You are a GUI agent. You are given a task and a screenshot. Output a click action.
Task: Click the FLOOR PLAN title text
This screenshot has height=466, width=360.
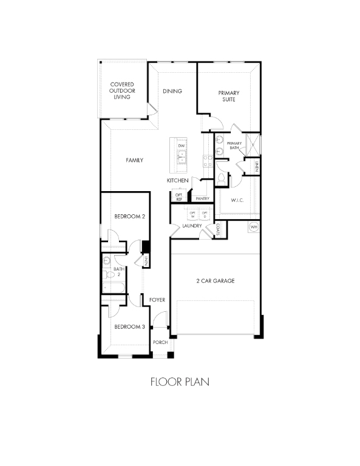(180, 382)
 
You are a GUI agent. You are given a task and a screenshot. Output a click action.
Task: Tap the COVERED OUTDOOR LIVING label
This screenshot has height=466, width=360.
(121, 90)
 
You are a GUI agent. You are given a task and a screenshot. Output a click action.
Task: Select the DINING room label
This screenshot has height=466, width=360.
(172, 91)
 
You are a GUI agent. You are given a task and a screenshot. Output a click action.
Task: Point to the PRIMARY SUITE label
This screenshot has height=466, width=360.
(229, 96)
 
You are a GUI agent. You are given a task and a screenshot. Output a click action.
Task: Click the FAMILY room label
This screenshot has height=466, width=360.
(134, 160)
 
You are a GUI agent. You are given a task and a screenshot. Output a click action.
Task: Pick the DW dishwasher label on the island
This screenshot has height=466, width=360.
(181, 146)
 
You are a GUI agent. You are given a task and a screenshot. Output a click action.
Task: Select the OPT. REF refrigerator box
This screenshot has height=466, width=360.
(179, 197)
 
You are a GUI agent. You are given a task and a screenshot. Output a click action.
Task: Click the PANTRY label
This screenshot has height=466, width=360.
(202, 198)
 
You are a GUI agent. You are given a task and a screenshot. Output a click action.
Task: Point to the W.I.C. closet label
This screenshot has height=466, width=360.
(237, 200)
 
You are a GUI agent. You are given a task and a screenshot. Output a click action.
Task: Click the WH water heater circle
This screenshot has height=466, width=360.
(254, 227)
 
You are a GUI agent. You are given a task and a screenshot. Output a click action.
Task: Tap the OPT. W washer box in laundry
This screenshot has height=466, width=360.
(192, 214)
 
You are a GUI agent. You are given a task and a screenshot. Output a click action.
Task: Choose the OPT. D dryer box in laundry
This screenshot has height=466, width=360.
(205, 214)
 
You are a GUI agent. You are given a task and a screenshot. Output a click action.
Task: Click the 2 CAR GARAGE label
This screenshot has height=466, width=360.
(215, 281)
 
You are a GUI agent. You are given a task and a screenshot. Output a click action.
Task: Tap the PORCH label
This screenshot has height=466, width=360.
(160, 343)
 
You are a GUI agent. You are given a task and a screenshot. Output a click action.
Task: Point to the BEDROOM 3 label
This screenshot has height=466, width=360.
(129, 326)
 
